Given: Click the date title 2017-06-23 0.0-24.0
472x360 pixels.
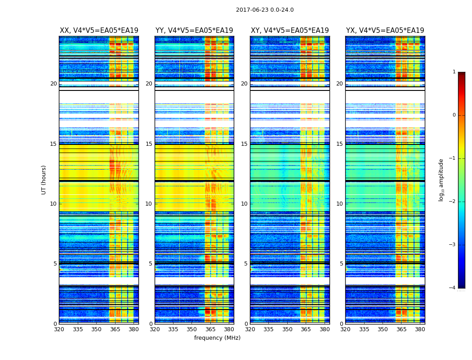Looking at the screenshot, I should pos(265,10).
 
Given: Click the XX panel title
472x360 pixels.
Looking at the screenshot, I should pos(99,31).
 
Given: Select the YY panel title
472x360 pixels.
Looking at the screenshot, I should pos(194,31).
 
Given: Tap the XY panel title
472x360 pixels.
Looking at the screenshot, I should pos(290,31).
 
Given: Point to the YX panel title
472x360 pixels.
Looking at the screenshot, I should pos(385,31).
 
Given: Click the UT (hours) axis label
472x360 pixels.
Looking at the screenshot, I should pos(44,180).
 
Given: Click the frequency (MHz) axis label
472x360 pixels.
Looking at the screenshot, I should pos(217,338).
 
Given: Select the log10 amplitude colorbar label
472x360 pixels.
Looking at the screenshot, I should pos(441,180).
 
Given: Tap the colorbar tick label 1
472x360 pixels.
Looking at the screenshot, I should pos(454,72).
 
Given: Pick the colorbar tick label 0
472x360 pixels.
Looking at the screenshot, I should pos(454,115).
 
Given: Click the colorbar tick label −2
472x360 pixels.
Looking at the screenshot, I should pos(453,202).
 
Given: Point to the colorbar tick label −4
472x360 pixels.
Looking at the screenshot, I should pos(453,288).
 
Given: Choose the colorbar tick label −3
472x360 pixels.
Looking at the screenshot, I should pos(453,245).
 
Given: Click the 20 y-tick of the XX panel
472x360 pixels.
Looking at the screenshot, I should pos(53,84).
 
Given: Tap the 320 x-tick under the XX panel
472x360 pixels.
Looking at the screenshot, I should pos(59,329).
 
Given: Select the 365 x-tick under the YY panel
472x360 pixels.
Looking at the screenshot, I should pos(210,329).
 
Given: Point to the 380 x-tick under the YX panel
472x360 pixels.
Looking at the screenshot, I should pos(420,329).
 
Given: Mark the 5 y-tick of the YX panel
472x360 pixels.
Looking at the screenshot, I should pos(341,264).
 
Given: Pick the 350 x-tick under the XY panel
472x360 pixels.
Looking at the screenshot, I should pos(287,329).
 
